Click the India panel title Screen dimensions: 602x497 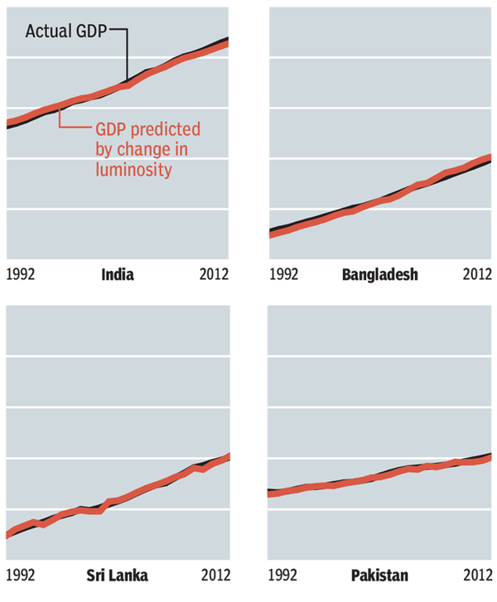coord(117,275)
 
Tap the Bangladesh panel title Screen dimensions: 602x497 coord(380,275)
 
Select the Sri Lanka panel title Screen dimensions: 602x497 coord(117,575)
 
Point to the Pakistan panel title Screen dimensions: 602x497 coord(379,575)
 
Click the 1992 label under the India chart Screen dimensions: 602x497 coord(21,275)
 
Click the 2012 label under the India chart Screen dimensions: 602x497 coord(214,275)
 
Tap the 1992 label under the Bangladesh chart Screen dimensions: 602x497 coord(284,275)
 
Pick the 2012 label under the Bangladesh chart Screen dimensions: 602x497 coord(477,275)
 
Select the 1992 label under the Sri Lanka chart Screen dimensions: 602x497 coord(21,575)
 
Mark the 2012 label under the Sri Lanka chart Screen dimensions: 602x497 coord(214,575)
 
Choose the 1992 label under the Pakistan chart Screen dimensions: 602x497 coord(284,575)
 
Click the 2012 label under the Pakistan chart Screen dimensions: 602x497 coord(477,575)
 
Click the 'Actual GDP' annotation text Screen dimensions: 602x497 coord(67,31)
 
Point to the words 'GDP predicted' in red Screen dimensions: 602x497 coord(148,130)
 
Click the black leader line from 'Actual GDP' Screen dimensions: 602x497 coord(126,54)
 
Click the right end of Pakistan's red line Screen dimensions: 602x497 coord(490,456)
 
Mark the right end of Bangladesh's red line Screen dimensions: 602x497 coord(490,157)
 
